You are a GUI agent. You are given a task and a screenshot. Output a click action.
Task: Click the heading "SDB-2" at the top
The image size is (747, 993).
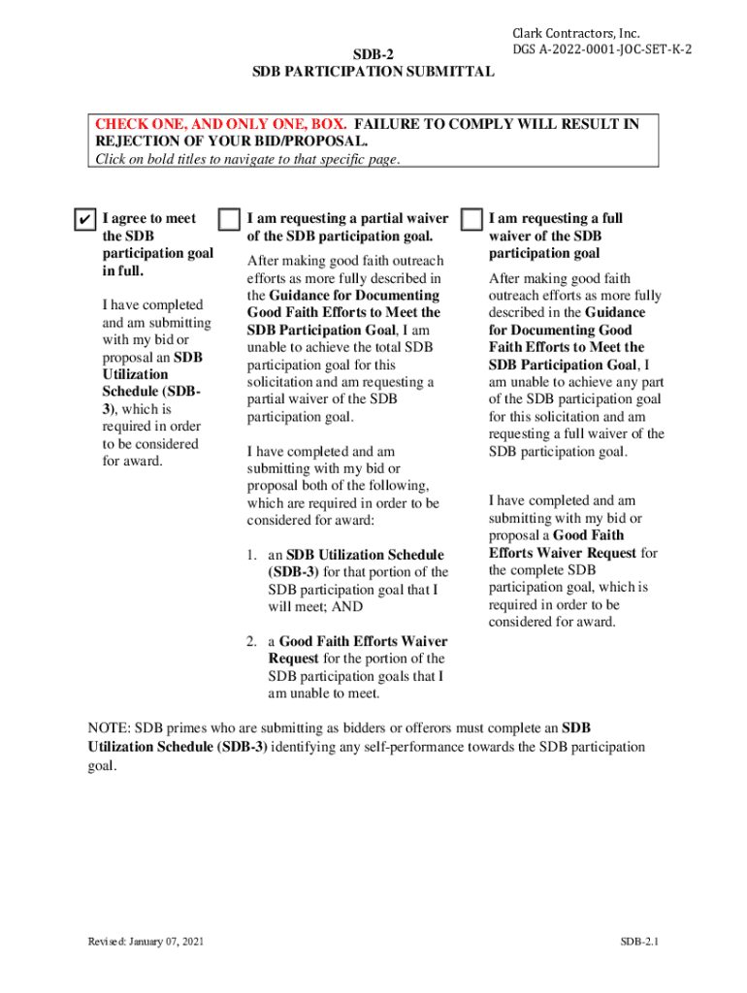[373, 54]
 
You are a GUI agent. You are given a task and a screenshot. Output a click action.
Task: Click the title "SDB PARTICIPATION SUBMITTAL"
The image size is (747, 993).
[373, 72]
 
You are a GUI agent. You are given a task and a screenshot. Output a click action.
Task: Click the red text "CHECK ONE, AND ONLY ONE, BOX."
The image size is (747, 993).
[222, 124]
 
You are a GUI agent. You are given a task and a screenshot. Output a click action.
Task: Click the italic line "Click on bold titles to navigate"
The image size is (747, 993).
[246, 160]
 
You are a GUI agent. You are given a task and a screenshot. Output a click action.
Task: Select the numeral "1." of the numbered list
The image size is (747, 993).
[250, 555]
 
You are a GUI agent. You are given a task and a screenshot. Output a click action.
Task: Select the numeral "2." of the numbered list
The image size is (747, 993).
[250, 641]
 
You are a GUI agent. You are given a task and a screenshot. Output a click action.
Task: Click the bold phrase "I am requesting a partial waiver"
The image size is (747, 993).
[348, 218]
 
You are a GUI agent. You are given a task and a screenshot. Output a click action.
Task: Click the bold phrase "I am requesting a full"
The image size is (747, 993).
[556, 218]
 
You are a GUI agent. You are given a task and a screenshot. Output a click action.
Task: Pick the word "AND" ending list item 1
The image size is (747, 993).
[346, 607]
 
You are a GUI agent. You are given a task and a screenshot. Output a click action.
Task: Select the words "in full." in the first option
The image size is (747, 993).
[123, 271]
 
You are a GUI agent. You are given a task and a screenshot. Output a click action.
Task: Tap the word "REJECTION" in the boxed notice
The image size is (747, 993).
[135, 142]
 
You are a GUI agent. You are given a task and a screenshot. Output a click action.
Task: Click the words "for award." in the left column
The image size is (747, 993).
[133, 461]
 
